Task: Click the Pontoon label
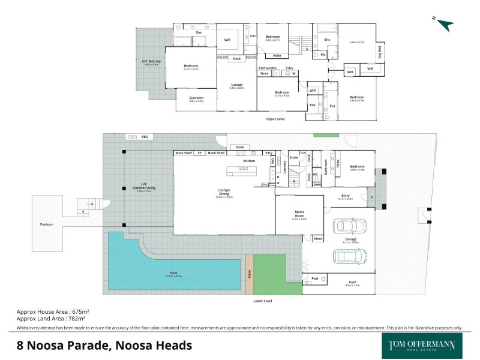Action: pyautogui.click(x=47, y=224)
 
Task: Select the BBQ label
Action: pyautogui.click(x=145, y=137)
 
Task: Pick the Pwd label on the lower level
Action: pyautogui.click(x=315, y=278)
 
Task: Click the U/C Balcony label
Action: pyautogui.click(x=151, y=62)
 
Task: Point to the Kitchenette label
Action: pyautogui.click(x=268, y=68)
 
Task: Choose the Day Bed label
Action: pyautogui.click(x=379, y=52)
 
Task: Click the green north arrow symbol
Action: pyautogui.click(x=445, y=24)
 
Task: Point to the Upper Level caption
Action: pyautogui.click(x=275, y=119)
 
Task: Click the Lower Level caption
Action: pyautogui.click(x=263, y=299)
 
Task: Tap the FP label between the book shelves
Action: pyautogui.click(x=200, y=153)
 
